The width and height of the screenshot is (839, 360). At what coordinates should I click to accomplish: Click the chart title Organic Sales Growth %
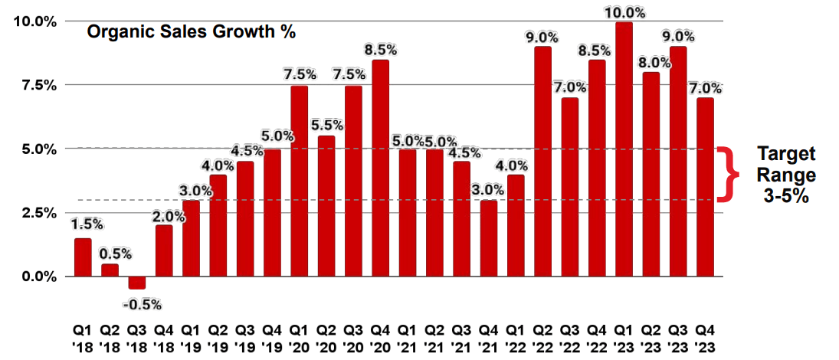click(x=191, y=32)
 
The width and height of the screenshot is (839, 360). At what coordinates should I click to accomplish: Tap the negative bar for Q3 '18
click(x=136, y=283)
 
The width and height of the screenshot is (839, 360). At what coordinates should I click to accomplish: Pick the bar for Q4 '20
click(x=380, y=169)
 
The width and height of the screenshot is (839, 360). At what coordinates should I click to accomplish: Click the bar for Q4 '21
click(x=489, y=238)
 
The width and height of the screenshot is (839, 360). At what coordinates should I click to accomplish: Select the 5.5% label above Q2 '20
click(x=327, y=123)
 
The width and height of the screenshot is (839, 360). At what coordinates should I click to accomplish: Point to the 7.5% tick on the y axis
click(x=37, y=85)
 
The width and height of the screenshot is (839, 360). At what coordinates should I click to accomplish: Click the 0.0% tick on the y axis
click(x=37, y=277)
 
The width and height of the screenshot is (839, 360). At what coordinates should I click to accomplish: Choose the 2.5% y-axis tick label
click(x=37, y=213)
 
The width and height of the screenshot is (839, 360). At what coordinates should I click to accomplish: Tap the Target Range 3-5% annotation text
click(x=787, y=175)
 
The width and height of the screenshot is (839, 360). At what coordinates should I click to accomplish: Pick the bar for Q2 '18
click(x=110, y=270)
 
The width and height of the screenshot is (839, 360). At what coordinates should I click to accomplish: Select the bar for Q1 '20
click(x=300, y=182)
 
